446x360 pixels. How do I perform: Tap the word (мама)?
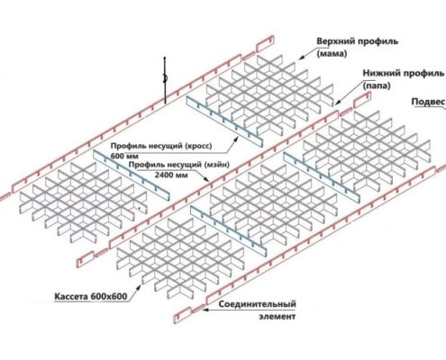click(x=332, y=54)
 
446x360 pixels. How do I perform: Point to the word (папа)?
click(x=377, y=85)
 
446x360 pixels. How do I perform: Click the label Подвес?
click(x=428, y=102)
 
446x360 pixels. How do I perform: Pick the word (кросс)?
click(x=198, y=146)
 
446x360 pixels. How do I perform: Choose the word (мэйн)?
click(x=216, y=165)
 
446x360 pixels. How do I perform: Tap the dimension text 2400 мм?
click(x=171, y=175)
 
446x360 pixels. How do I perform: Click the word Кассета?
click(x=71, y=297)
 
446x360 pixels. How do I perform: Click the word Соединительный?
click(x=257, y=304)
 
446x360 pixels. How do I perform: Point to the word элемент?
click(x=278, y=317)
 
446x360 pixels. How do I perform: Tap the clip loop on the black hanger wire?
click(x=165, y=78)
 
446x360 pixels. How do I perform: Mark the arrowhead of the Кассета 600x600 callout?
click(x=139, y=287)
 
